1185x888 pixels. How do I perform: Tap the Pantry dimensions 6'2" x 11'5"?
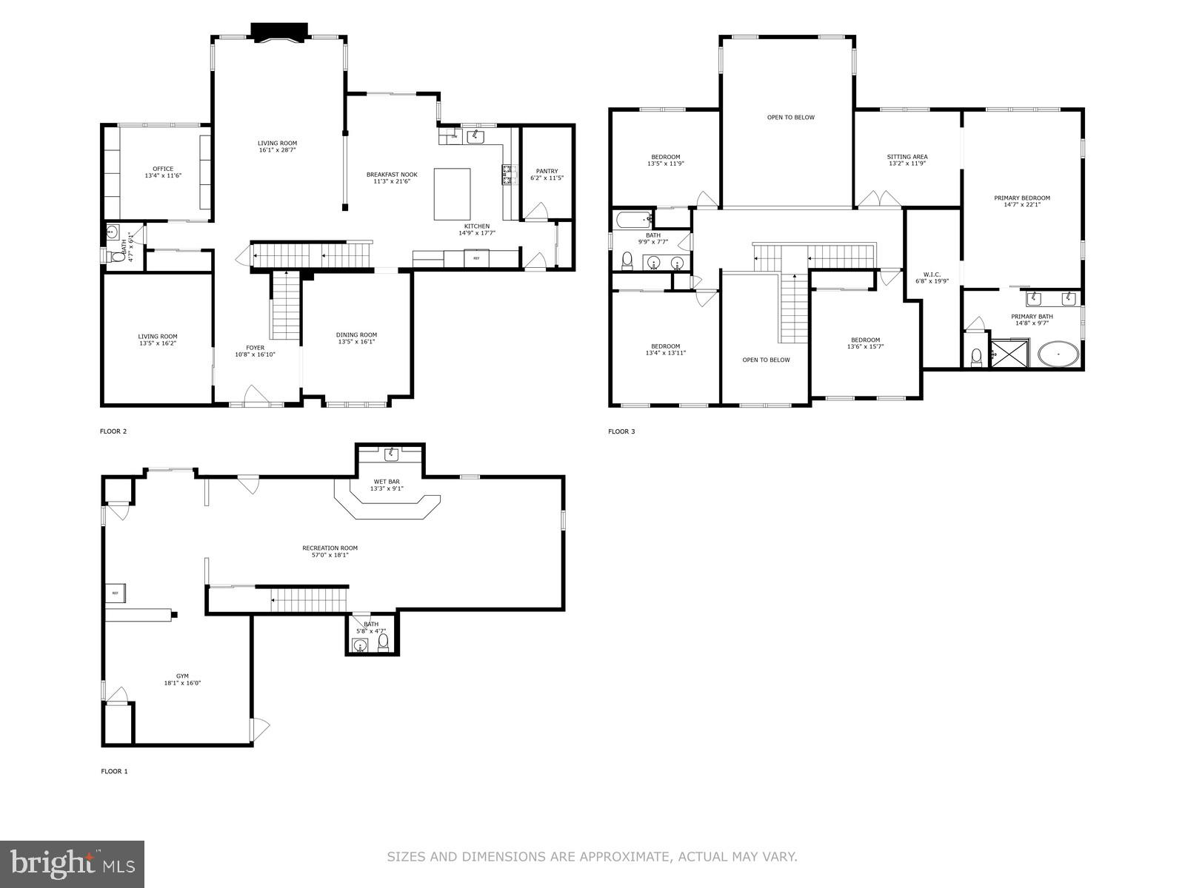[x=547, y=178]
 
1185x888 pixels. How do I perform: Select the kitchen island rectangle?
[x=452, y=193]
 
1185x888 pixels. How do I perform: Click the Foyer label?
[x=255, y=348]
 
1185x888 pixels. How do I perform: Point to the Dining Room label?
[x=356, y=334]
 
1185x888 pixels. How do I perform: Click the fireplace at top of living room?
[x=278, y=33]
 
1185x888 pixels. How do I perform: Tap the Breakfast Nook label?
[x=392, y=175]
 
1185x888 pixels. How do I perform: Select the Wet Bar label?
[x=387, y=482]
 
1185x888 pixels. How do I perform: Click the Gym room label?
[x=182, y=676]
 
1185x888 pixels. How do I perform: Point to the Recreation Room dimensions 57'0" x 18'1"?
[x=330, y=555]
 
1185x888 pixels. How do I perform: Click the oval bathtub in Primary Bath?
[x=1058, y=355]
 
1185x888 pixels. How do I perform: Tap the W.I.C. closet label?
[x=932, y=275]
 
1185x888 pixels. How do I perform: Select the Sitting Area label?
[x=907, y=157]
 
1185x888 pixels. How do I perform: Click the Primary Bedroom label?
[x=1021, y=198]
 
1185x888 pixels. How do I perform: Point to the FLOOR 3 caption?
[x=621, y=431]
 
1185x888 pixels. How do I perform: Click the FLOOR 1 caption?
[x=114, y=771]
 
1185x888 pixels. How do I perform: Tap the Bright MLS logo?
[x=73, y=862]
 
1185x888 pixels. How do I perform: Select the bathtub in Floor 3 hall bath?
[x=633, y=219]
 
